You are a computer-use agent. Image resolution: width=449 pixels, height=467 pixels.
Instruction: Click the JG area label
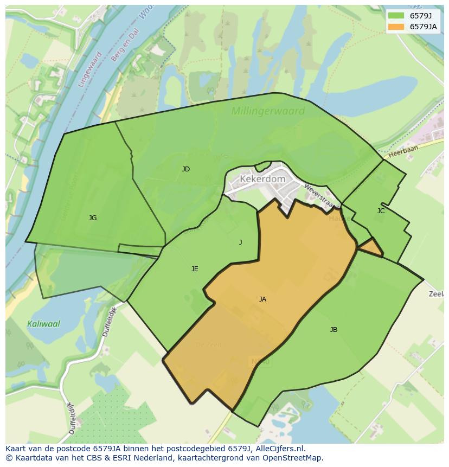coord(93,218)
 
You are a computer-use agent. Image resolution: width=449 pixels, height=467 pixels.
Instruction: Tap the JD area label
coord(186,169)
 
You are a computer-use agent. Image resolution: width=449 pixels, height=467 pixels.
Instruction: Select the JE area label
coord(195,269)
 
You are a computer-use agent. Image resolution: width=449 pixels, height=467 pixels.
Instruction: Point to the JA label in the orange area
coord(262,299)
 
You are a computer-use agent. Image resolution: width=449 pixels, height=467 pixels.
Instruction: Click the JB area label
coord(333,330)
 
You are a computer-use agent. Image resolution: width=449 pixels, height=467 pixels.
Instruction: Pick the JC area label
coord(381,211)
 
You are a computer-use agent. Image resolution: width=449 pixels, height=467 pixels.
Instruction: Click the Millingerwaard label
coord(268,111)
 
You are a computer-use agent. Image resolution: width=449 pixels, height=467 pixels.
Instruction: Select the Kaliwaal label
coord(43,324)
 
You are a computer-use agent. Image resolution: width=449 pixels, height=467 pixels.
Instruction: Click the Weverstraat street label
coord(318,196)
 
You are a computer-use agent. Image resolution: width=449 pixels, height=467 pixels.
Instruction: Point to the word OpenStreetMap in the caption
coord(290,458)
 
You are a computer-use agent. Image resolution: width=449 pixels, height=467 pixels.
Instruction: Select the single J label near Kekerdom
coord(241,242)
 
